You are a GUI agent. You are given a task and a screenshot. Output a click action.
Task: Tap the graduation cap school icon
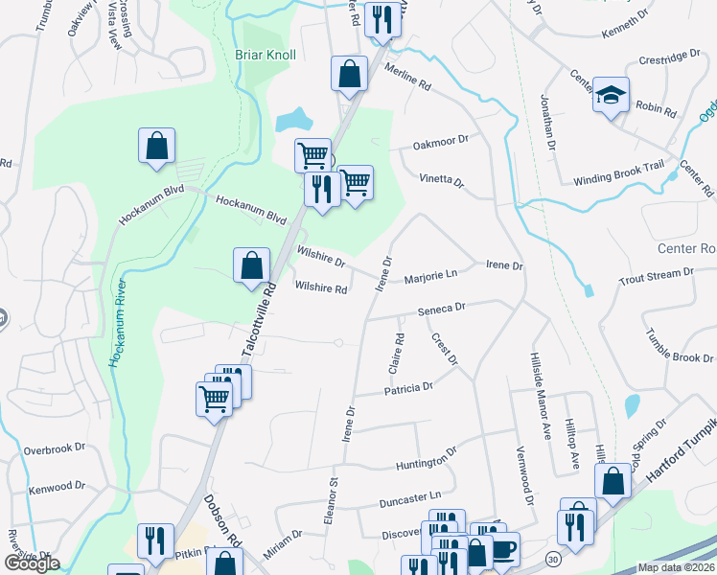611,96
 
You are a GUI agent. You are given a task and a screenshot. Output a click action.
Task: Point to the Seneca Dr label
441,309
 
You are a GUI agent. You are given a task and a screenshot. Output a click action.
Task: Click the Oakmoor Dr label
440,141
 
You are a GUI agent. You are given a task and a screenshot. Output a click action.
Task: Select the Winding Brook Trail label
618,172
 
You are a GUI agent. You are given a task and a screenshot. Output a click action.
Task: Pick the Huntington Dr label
427,465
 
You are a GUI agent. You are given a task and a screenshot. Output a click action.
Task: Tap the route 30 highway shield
554,558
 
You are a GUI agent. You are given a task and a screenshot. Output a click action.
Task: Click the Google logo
32,563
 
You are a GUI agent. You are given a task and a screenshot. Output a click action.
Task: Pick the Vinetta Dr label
441,180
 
